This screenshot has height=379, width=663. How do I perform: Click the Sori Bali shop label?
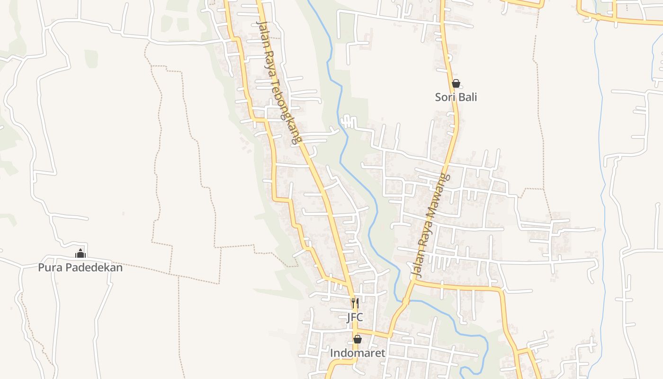pyautogui.click(x=456, y=97)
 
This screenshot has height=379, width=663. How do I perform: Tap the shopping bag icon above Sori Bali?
pyautogui.click(x=456, y=84)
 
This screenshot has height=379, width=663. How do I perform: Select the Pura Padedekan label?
pyautogui.click(x=80, y=267)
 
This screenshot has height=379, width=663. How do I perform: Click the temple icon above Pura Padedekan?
pyautogui.click(x=80, y=253)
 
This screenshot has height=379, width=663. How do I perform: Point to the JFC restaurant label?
pyautogui.click(x=354, y=317)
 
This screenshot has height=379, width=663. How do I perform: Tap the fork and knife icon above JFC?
pyautogui.click(x=354, y=303)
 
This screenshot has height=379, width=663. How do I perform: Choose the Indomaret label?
pyautogui.click(x=358, y=353)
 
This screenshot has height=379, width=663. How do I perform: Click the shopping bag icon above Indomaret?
pyautogui.click(x=358, y=339)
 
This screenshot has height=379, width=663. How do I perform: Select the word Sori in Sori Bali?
pyautogui.click(x=445, y=97)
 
